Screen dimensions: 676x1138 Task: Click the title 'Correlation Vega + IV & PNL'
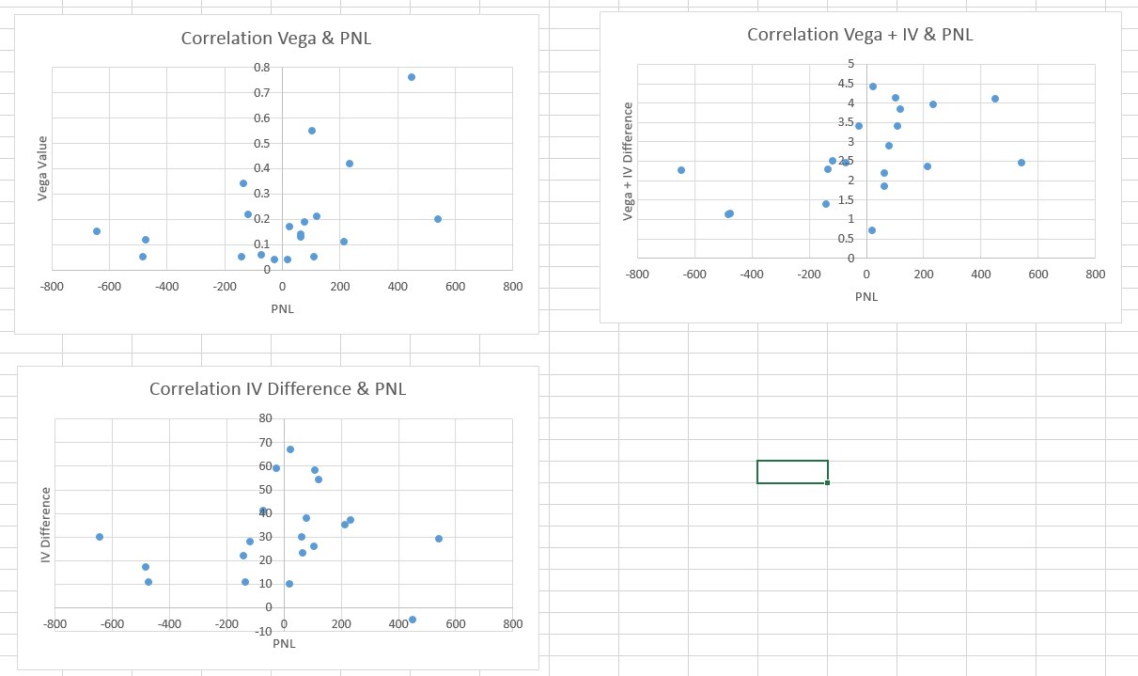click(x=860, y=35)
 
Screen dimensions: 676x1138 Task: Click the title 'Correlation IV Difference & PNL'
click(x=277, y=389)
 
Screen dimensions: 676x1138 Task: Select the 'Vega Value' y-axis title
click(x=42, y=168)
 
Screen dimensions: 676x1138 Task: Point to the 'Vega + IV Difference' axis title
click(x=628, y=161)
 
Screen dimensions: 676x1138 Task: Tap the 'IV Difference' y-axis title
click(x=45, y=525)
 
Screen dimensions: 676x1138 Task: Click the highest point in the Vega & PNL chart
click(x=412, y=77)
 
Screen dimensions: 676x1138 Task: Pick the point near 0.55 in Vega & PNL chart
click(x=312, y=131)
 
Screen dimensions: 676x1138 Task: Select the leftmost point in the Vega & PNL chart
click(x=97, y=231)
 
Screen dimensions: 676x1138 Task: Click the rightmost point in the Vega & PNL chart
click(x=438, y=219)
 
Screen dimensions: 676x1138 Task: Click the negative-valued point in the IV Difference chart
click(x=413, y=620)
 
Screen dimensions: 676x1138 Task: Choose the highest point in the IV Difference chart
click(x=290, y=449)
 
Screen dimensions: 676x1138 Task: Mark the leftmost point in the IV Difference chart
click(x=100, y=537)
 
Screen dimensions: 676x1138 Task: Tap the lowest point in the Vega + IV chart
click(x=872, y=230)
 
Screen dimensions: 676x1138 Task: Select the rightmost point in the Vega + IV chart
click(x=1021, y=163)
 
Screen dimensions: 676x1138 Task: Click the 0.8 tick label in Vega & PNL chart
click(x=261, y=68)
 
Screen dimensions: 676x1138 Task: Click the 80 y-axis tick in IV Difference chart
click(x=265, y=418)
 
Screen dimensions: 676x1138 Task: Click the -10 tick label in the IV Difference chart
click(x=262, y=629)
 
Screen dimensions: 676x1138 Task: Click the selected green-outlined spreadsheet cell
click(x=792, y=472)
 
